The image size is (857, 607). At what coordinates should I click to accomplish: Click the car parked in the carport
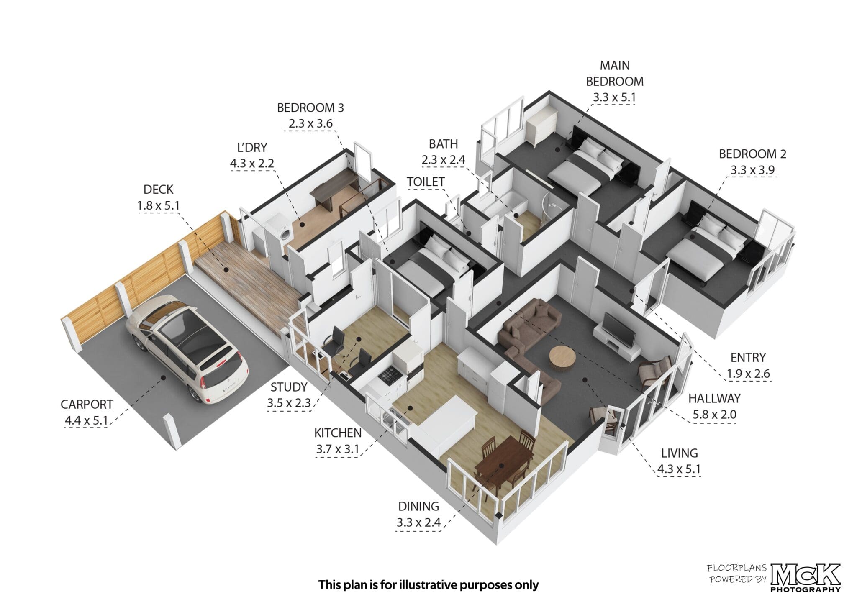pyautogui.click(x=187, y=347)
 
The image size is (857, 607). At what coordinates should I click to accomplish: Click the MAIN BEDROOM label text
pyautogui.click(x=614, y=73)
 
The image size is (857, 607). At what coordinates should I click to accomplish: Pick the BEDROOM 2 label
pyautogui.click(x=752, y=154)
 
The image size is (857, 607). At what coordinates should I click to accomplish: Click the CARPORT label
pyautogui.click(x=87, y=405)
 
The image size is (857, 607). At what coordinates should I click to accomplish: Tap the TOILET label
pyautogui.click(x=426, y=182)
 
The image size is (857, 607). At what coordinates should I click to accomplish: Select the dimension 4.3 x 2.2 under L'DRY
pyautogui.click(x=252, y=163)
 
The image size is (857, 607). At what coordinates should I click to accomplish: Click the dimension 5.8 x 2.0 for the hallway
pyautogui.click(x=714, y=415)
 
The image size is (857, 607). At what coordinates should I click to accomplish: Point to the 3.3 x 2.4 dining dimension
pyautogui.click(x=418, y=522)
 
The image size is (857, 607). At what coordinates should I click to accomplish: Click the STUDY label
pyautogui.click(x=289, y=387)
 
